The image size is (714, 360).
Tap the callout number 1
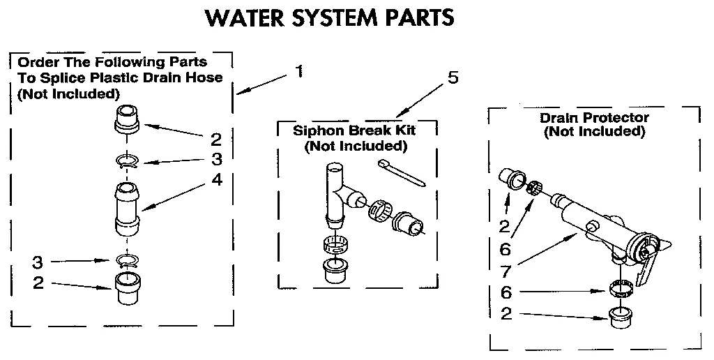(x=298, y=71)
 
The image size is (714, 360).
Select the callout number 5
(x=453, y=77)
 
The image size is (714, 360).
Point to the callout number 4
(x=217, y=179)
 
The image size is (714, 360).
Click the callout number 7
(x=506, y=269)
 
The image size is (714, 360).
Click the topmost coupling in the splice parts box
(x=128, y=117)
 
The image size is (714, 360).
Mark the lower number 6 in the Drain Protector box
(x=506, y=292)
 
